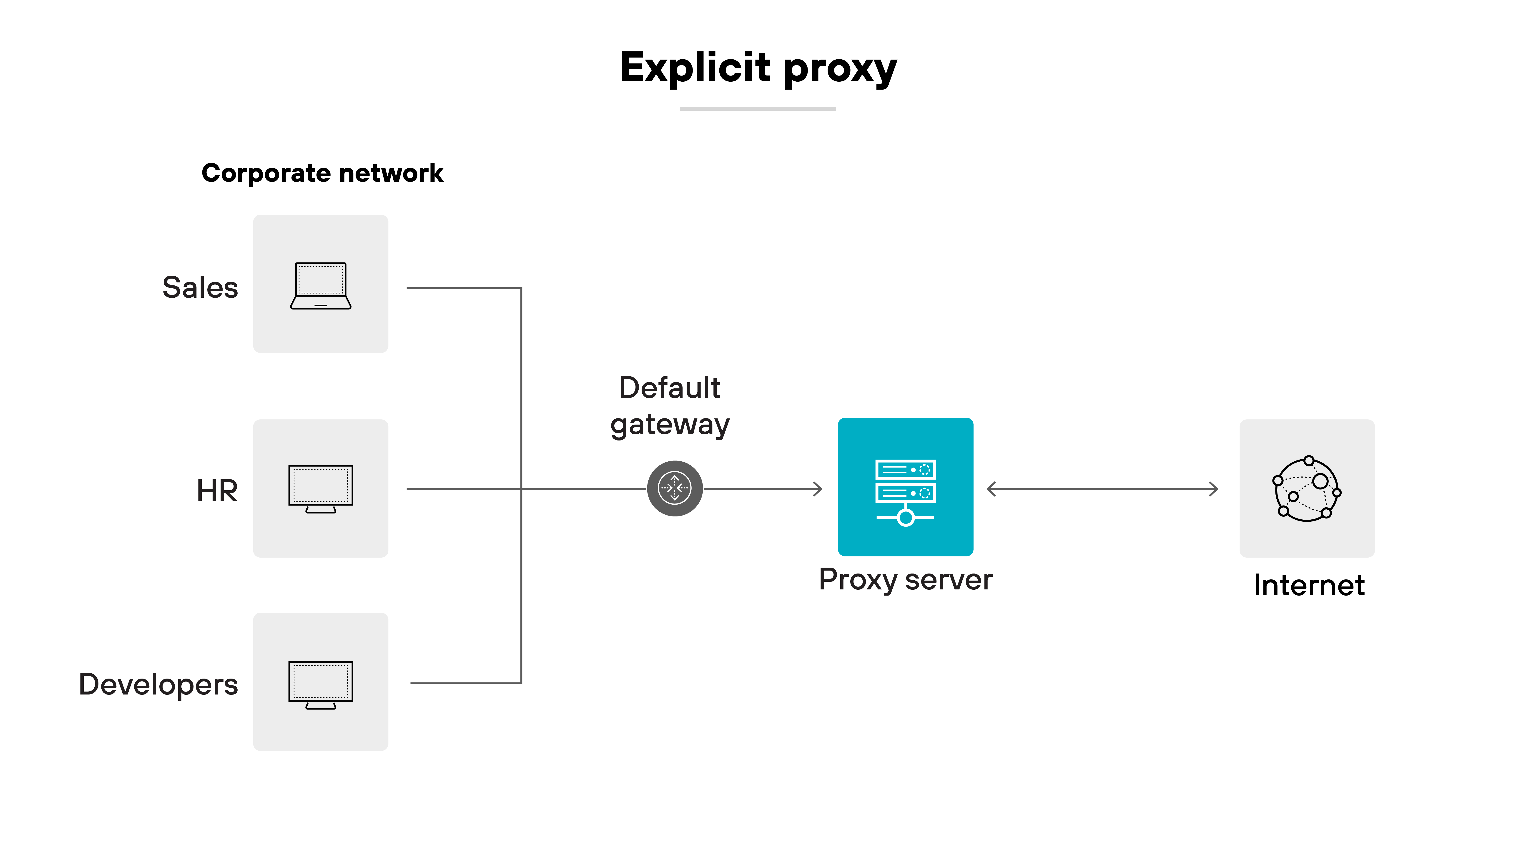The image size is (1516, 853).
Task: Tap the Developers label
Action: pyautogui.click(x=158, y=684)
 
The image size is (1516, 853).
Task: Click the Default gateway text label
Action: pyautogui.click(x=670, y=406)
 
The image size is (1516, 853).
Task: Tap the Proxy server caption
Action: pyautogui.click(x=905, y=580)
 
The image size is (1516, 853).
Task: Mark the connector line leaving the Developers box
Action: pyautogui.click(x=465, y=683)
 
